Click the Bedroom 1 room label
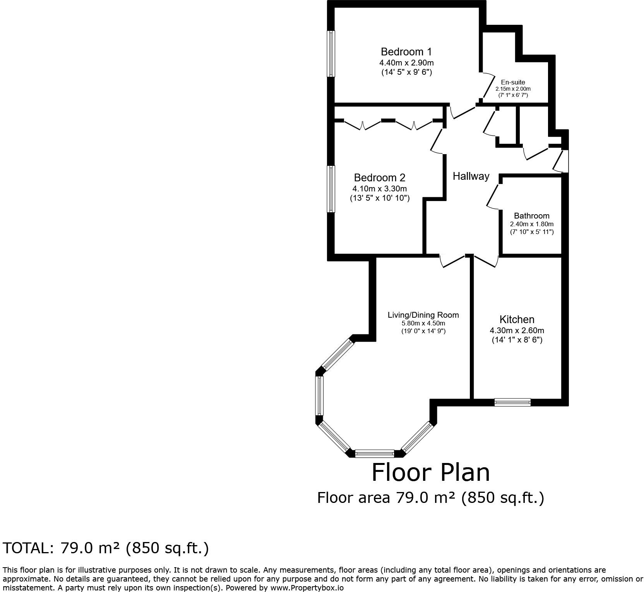[x=406, y=52]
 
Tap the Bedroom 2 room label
[x=379, y=178]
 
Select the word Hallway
[x=471, y=176]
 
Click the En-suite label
[x=513, y=82]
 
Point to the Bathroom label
[x=531, y=216]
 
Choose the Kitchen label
[x=517, y=320]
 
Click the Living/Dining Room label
[x=423, y=315]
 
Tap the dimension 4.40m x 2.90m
[x=406, y=63]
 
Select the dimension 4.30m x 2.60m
[x=517, y=330]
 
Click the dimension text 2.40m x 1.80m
[x=531, y=224]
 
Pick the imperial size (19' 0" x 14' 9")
[x=423, y=331]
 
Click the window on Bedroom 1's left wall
[x=331, y=54]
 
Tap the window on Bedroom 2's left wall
[x=331, y=189]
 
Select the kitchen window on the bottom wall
[x=512, y=403]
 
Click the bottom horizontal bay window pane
[x=374, y=453]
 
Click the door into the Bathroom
[x=493, y=197]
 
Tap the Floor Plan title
[x=430, y=473]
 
